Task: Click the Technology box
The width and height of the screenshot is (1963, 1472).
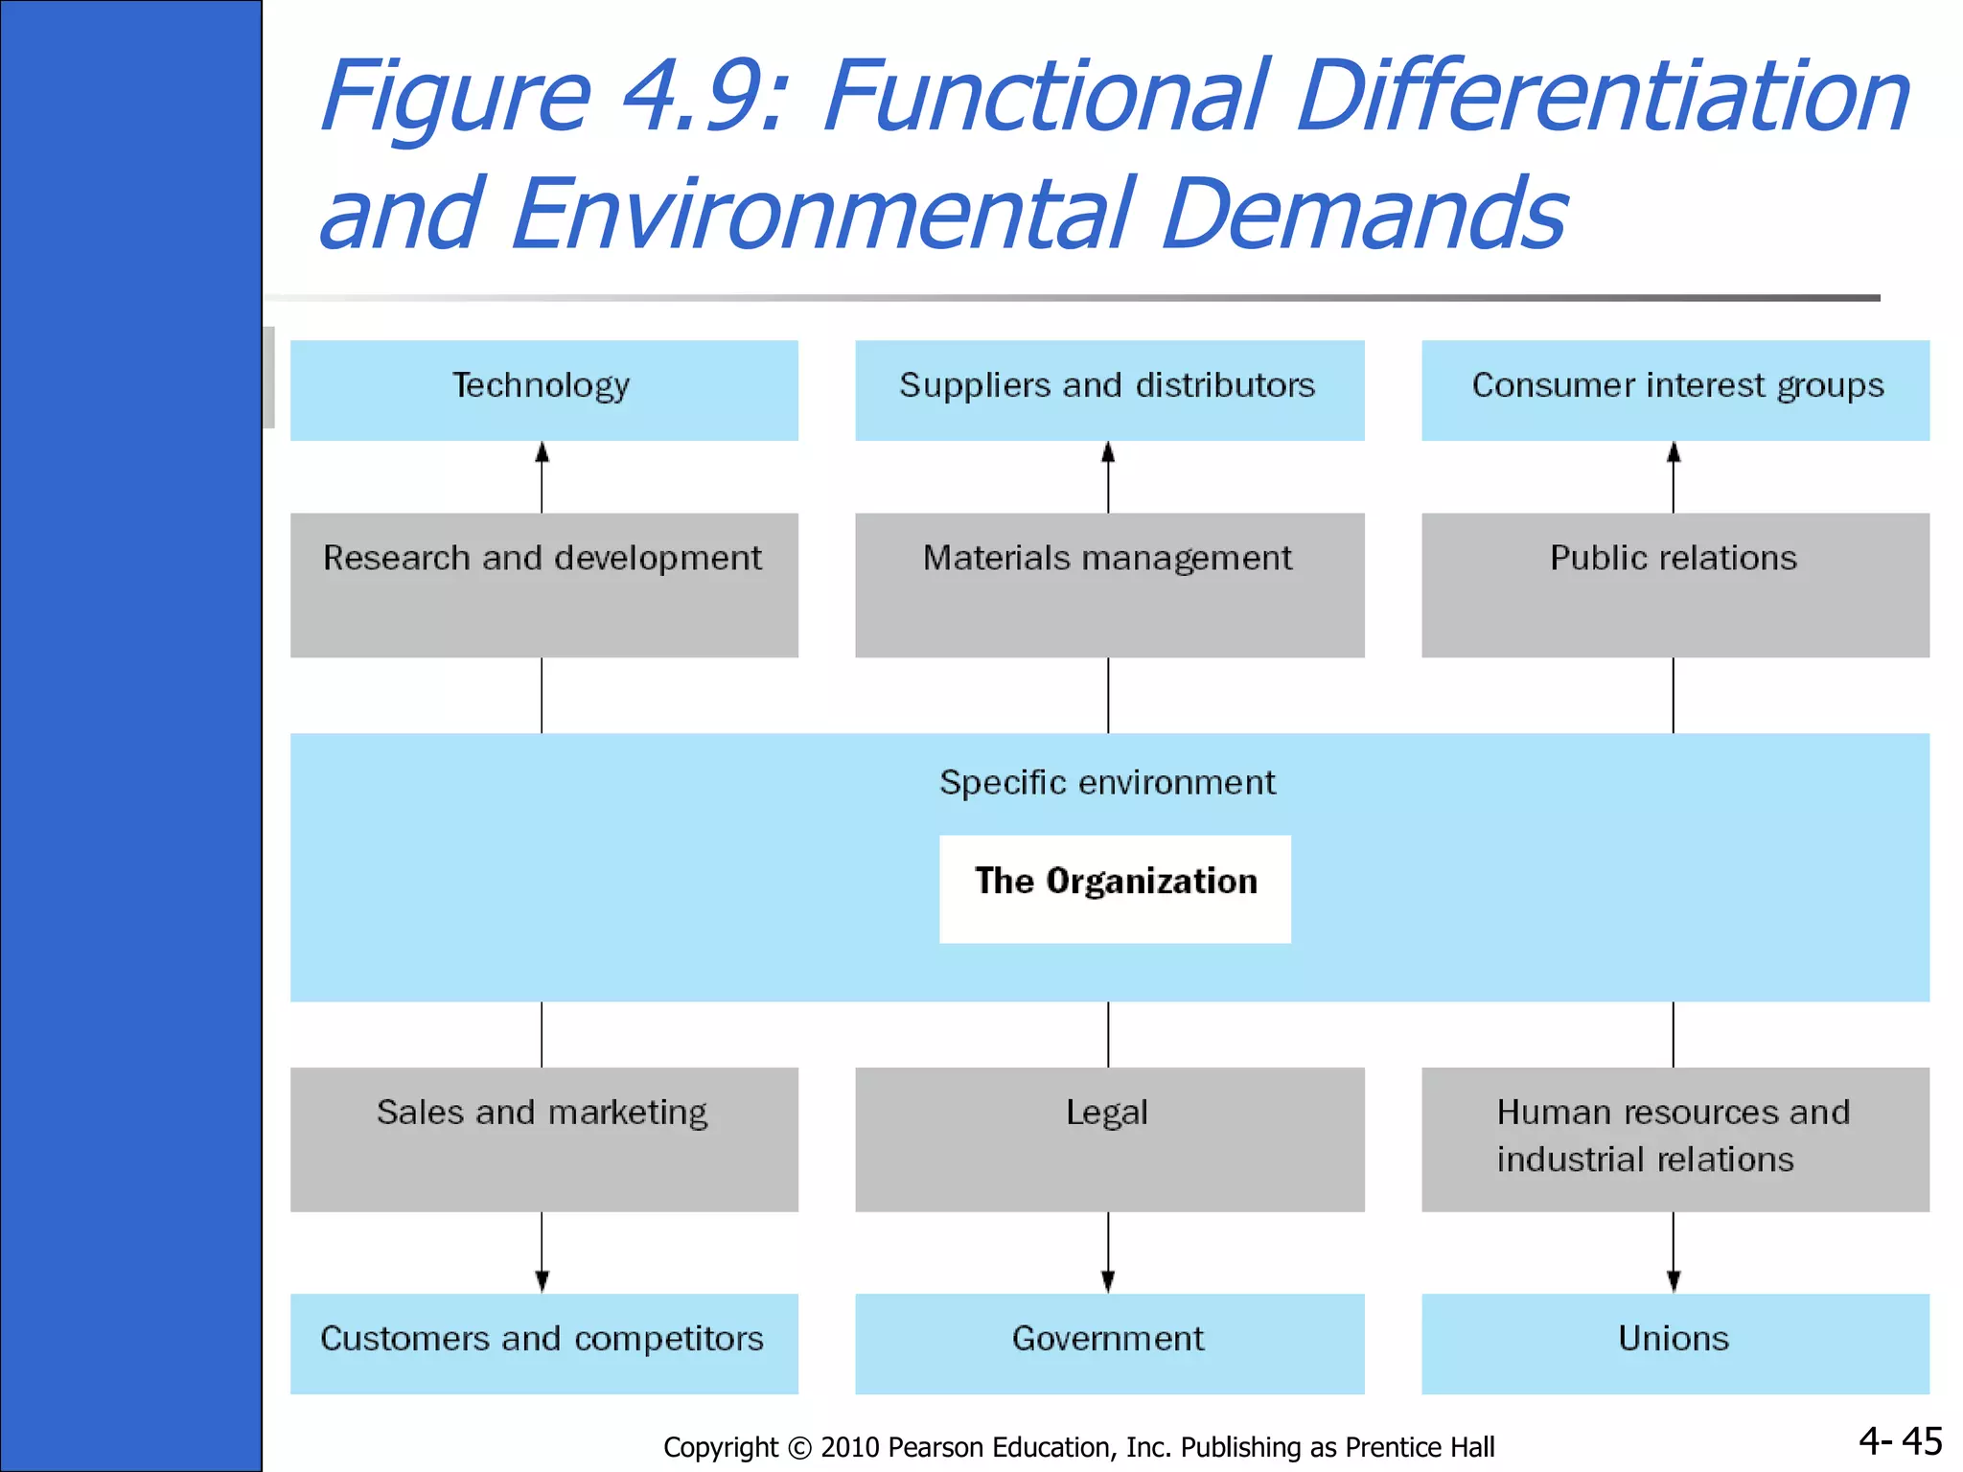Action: click(543, 390)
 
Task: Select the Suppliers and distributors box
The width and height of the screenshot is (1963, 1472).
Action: click(1109, 390)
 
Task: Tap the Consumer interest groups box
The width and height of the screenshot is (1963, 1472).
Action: click(1674, 390)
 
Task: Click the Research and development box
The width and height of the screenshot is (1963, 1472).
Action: click(543, 585)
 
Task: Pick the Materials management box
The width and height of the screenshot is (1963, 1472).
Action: click(1109, 585)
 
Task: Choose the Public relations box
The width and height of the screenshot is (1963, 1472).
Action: click(1674, 585)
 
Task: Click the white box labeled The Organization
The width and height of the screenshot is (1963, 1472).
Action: click(1115, 888)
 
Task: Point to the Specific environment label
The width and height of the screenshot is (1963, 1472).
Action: click(1107, 783)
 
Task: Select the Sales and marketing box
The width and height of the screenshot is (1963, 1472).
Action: click(543, 1138)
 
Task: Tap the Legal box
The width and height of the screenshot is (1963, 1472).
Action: click(1109, 1138)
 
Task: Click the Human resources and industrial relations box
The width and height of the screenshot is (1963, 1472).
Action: click(1674, 1138)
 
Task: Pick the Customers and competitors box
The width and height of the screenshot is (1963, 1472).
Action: click(543, 1343)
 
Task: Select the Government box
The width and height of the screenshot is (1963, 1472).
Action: click(1109, 1343)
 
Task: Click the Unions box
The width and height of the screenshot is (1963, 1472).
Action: click(1674, 1343)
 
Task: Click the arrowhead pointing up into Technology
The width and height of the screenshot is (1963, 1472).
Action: click(542, 452)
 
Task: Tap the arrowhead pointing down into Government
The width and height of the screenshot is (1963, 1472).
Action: click(1108, 1281)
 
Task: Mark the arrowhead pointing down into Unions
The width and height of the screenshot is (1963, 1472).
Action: click(1674, 1281)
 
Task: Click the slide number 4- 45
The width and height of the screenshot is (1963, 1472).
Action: click(1900, 1441)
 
